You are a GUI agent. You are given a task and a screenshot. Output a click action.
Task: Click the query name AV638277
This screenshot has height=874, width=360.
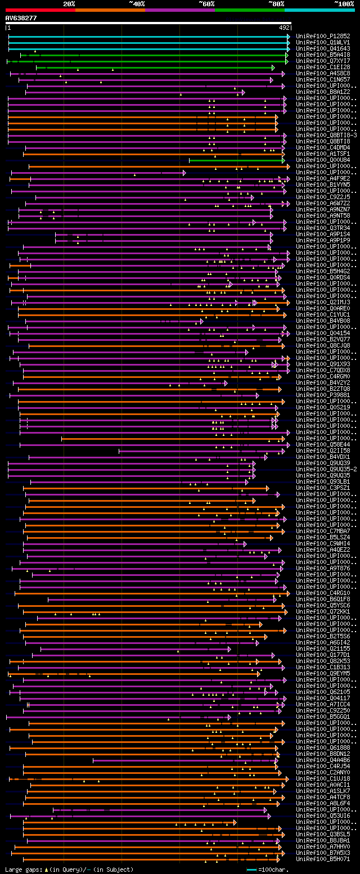[21, 18]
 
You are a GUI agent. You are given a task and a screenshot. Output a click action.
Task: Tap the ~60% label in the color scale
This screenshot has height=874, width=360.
[206, 4]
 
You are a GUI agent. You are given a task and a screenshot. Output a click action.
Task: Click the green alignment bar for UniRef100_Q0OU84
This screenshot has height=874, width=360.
[236, 160]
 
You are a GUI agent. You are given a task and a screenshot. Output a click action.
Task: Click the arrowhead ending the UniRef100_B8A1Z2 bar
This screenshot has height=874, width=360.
[243, 92]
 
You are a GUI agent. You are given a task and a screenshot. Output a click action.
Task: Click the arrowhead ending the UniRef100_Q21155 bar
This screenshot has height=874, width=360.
[229, 649]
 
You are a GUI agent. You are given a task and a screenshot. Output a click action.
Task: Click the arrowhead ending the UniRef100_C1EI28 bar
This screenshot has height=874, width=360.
[273, 67]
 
